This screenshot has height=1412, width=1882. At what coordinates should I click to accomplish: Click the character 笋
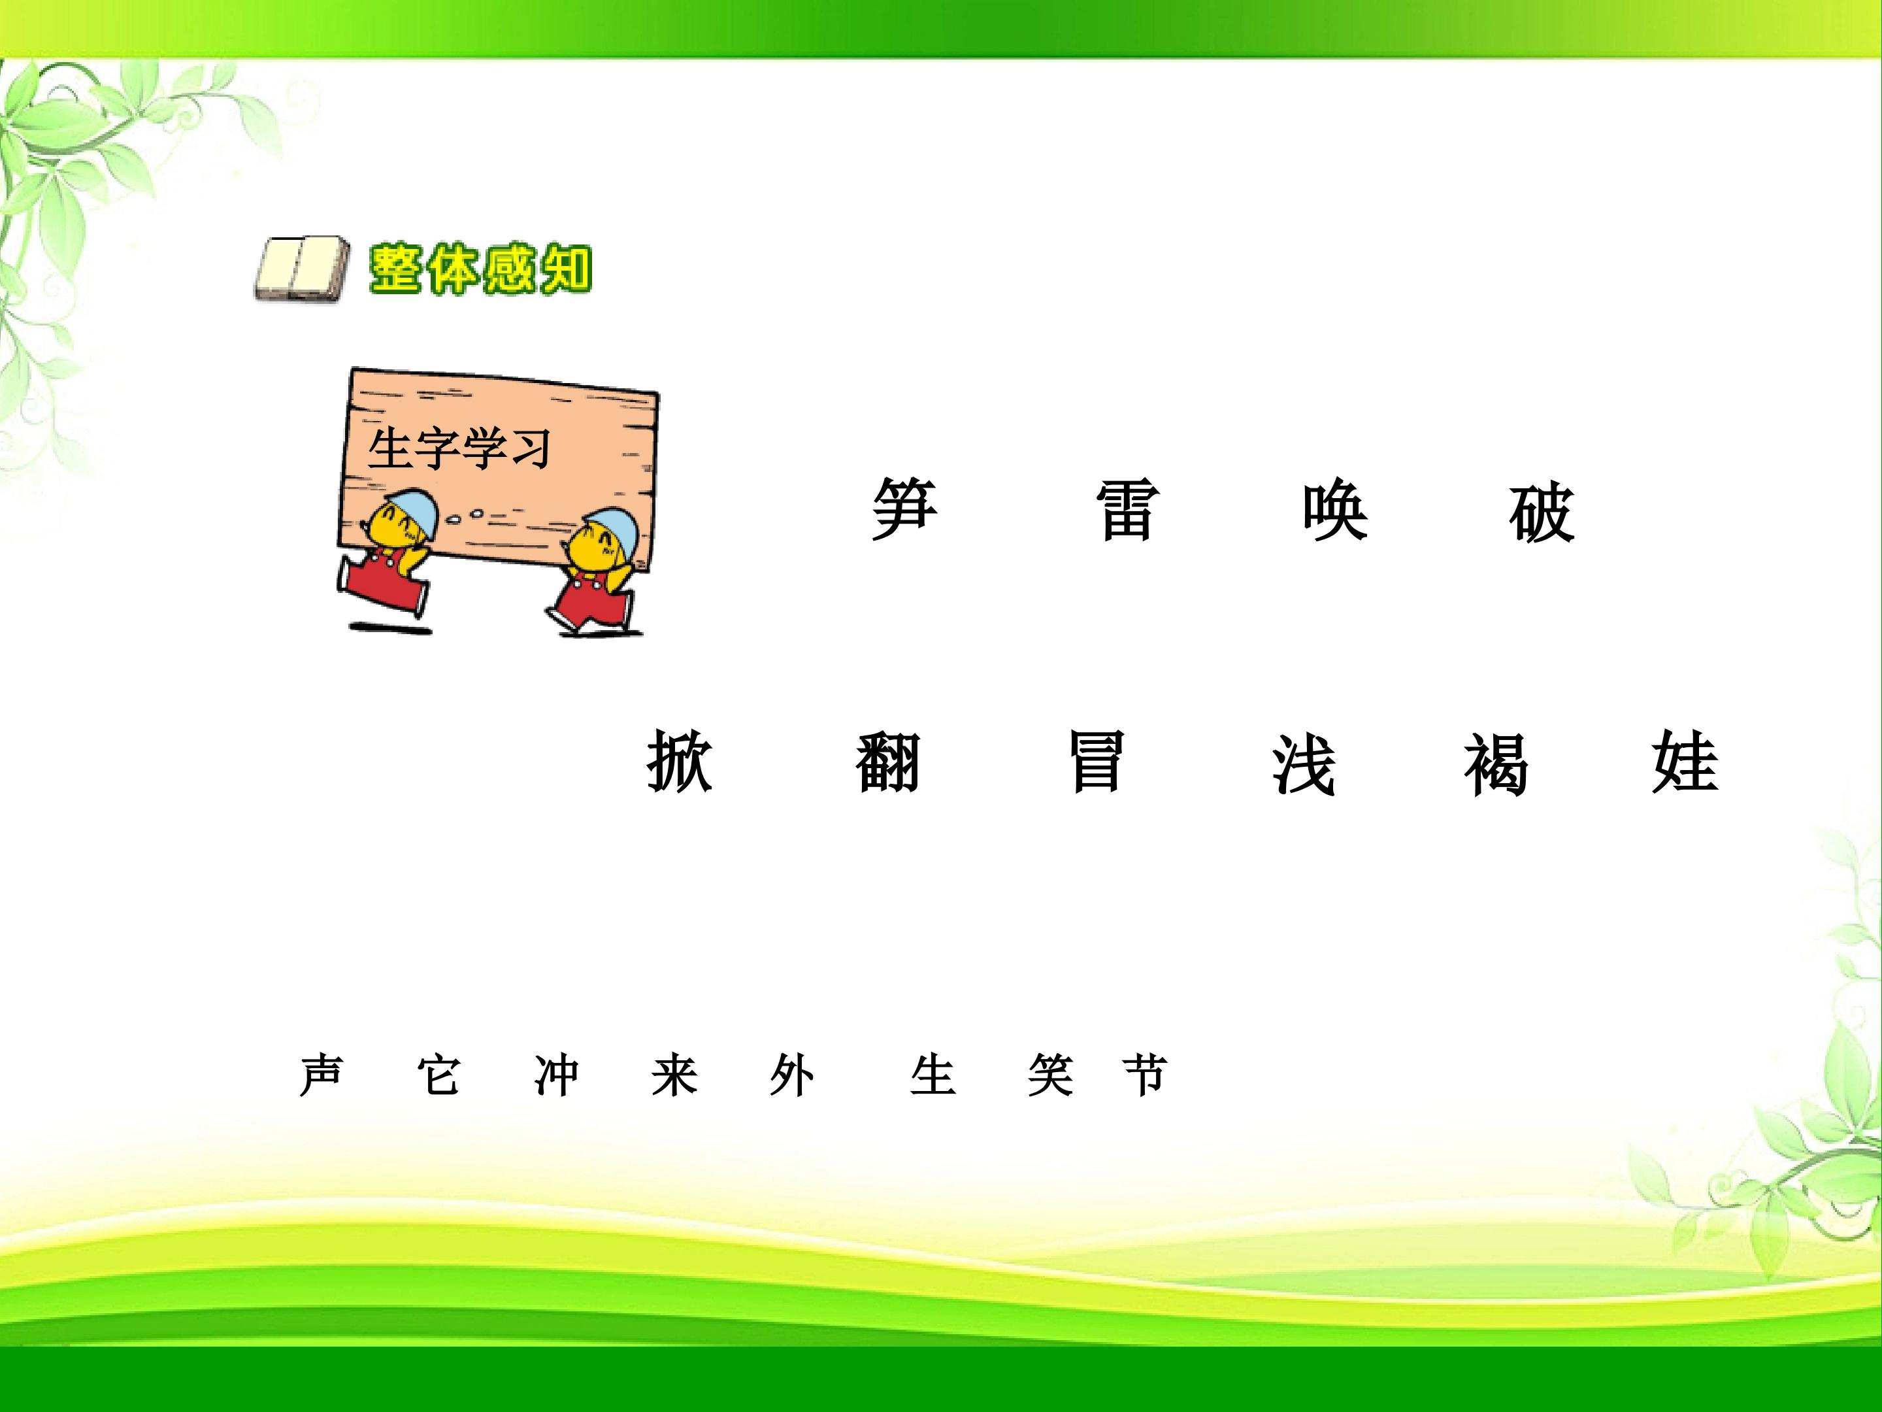click(904, 509)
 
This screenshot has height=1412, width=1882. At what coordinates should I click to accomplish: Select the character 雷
click(1127, 509)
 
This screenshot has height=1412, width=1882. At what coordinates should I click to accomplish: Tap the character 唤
click(1335, 509)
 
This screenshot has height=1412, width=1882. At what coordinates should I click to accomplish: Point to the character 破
click(1542, 511)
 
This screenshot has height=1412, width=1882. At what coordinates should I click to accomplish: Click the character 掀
click(680, 761)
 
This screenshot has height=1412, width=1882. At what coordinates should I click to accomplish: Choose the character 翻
click(887, 761)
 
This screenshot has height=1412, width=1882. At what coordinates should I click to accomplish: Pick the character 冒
click(1097, 761)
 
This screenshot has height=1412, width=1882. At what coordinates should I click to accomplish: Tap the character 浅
click(1304, 763)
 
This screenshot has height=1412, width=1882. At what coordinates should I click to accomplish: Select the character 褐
click(1496, 763)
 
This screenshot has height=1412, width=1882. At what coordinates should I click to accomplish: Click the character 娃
click(1685, 761)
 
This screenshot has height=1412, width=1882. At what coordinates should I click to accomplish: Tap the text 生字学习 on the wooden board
click(459, 448)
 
